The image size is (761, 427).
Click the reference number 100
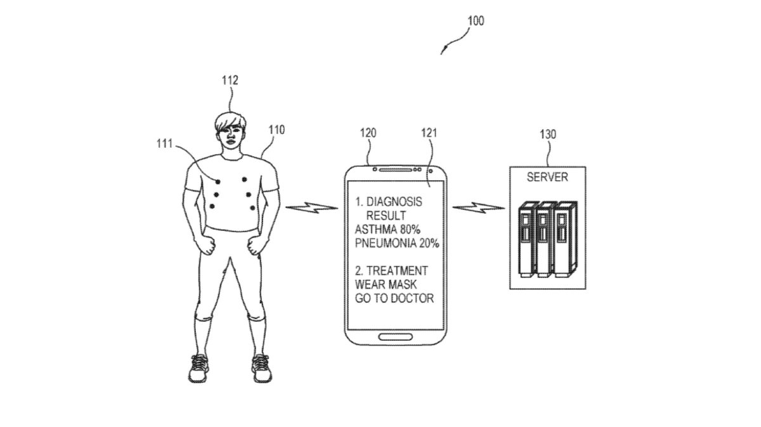point(475,21)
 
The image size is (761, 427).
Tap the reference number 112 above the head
point(230,81)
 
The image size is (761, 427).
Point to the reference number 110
point(276,130)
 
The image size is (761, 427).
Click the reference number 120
point(367,133)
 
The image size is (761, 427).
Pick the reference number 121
point(429,133)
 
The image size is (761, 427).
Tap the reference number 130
point(548,135)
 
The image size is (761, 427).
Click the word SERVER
point(548,177)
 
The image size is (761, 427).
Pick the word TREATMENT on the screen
point(399,270)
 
